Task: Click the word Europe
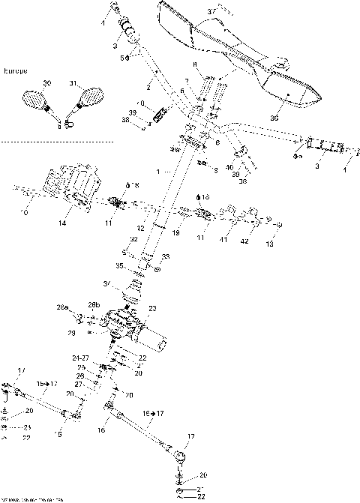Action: (x=16, y=71)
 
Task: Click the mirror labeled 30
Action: (x=35, y=99)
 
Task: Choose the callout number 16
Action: (x=103, y=431)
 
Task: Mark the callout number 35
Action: (x=118, y=265)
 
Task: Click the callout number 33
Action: (x=165, y=257)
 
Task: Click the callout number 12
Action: (x=140, y=228)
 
